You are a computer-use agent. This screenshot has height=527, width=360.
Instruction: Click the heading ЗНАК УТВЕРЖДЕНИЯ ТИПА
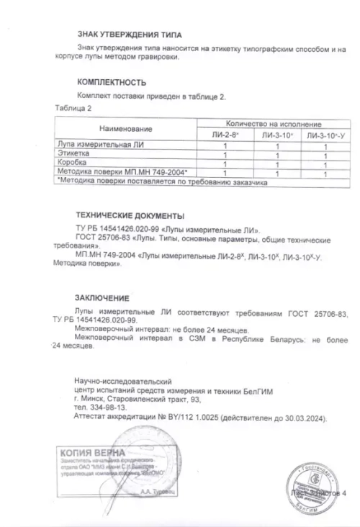click(x=129, y=35)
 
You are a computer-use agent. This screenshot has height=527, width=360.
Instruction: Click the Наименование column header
click(x=126, y=129)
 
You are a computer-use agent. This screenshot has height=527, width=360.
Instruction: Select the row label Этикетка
click(x=73, y=154)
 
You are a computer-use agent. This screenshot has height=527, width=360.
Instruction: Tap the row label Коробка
click(x=71, y=163)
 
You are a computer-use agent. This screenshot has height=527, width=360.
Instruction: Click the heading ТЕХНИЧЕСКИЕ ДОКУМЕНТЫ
click(x=130, y=215)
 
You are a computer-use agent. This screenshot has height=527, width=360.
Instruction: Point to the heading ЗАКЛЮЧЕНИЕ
click(x=102, y=297)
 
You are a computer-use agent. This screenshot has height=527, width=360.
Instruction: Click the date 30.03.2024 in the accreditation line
click(x=305, y=417)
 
